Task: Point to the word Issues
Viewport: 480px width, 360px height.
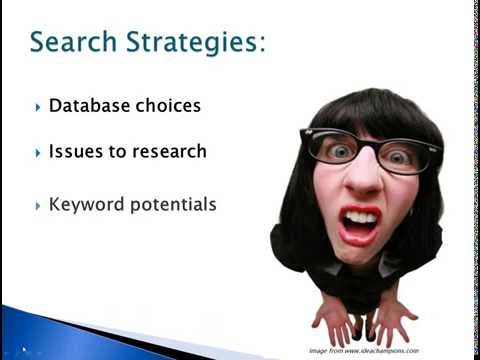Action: point(73,152)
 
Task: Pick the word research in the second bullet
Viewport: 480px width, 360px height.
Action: point(170,152)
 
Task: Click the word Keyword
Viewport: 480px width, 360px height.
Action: point(86,205)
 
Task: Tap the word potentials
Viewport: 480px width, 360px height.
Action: point(171,205)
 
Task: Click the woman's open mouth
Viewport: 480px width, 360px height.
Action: point(359,224)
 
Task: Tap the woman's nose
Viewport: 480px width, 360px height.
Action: point(363,181)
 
